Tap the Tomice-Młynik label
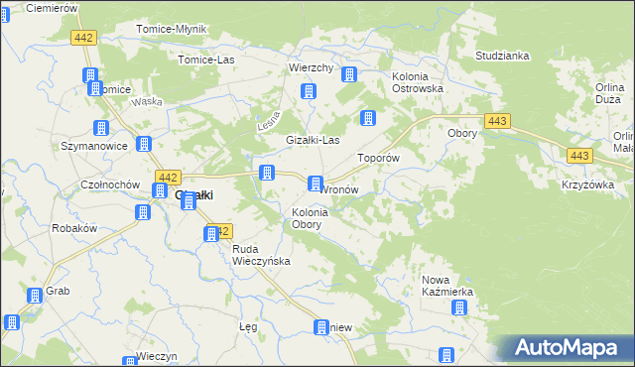[x=171, y=29]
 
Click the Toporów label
[x=378, y=158]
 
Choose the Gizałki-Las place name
[x=314, y=140]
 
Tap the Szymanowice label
[x=95, y=146]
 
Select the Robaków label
[x=73, y=227]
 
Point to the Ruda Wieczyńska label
[x=260, y=255]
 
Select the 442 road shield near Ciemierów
[x=83, y=37]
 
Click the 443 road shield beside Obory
[x=499, y=121]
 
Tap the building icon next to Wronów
[x=316, y=183]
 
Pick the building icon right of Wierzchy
[x=350, y=74]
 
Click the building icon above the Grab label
[x=36, y=295]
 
